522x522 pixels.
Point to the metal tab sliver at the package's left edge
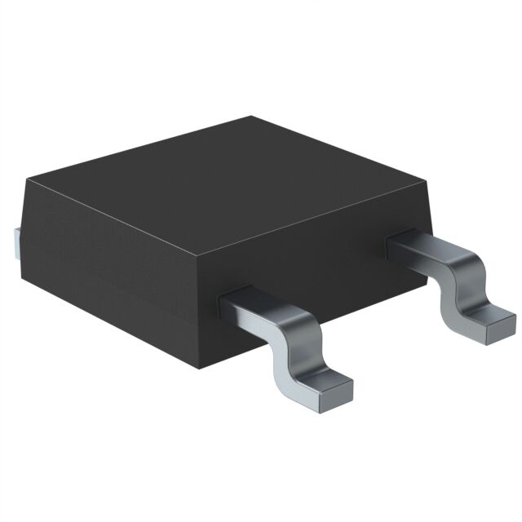coord(17,241)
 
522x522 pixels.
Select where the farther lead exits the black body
coord(400,241)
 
